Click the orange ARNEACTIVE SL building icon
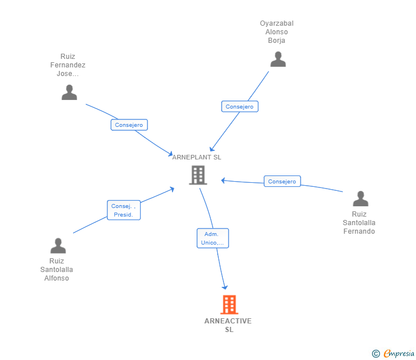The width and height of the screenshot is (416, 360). (x=229, y=305)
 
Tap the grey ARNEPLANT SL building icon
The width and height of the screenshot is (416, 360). (x=198, y=175)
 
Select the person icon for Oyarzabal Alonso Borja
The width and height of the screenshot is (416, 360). (x=278, y=59)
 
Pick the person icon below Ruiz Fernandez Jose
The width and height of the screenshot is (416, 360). (x=69, y=93)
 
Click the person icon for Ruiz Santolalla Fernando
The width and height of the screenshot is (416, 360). (x=361, y=198)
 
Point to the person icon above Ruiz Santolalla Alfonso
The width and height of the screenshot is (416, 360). (x=58, y=245)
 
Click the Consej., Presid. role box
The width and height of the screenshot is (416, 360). (x=123, y=210)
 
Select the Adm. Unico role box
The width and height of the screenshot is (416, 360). (x=213, y=238)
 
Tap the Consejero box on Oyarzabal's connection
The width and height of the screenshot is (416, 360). (x=239, y=106)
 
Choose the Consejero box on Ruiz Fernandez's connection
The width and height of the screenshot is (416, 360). (x=129, y=125)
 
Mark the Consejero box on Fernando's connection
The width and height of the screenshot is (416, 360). (x=282, y=181)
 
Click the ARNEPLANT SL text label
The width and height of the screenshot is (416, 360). (x=197, y=157)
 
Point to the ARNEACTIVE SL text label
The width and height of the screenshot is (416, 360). (x=228, y=325)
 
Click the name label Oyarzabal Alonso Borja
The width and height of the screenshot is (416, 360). (x=277, y=32)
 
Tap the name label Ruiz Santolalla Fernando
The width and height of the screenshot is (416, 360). (x=359, y=223)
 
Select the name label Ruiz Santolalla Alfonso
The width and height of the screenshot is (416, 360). (x=57, y=270)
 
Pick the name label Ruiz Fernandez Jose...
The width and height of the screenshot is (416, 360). (x=67, y=65)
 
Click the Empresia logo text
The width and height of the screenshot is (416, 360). (x=399, y=353)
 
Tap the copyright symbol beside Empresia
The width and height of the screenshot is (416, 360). (x=375, y=354)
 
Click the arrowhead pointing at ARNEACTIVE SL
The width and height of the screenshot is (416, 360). (x=225, y=287)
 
